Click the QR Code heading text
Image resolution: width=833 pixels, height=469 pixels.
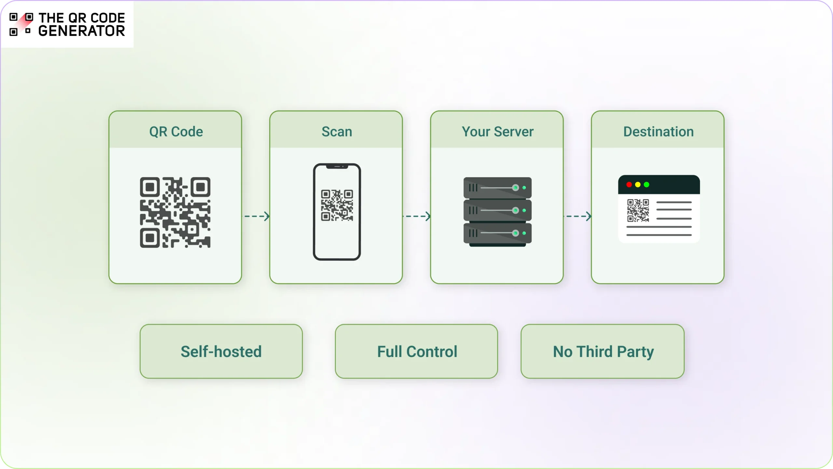tap(176, 132)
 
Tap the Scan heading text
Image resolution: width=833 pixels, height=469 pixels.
tap(336, 132)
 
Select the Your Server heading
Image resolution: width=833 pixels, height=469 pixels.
tap(497, 132)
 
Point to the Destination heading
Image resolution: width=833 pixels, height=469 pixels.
tap(658, 132)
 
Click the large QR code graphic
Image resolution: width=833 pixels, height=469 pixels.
tap(175, 212)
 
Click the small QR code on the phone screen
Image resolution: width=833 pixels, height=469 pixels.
tap(337, 206)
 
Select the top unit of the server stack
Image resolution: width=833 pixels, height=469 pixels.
tap(497, 188)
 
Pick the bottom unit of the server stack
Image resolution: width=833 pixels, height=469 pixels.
tap(497, 233)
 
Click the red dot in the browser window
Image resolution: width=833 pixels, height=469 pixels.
tap(629, 185)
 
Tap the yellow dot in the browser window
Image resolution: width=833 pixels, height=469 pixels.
tap(638, 185)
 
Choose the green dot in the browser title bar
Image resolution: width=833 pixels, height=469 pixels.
tap(647, 185)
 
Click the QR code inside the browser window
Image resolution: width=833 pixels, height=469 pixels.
tap(638, 210)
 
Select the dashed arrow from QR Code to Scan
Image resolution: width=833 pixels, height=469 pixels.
tap(257, 216)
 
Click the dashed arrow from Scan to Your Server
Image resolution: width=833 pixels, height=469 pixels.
tap(416, 216)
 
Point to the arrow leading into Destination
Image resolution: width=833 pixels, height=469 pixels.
tap(577, 216)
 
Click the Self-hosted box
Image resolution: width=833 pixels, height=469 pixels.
tap(221, 351)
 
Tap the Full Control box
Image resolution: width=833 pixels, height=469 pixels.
tap(416, 351)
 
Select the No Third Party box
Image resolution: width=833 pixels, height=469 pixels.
tap(603, 351)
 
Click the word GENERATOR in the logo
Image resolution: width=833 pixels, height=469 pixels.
tap(81, 31)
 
